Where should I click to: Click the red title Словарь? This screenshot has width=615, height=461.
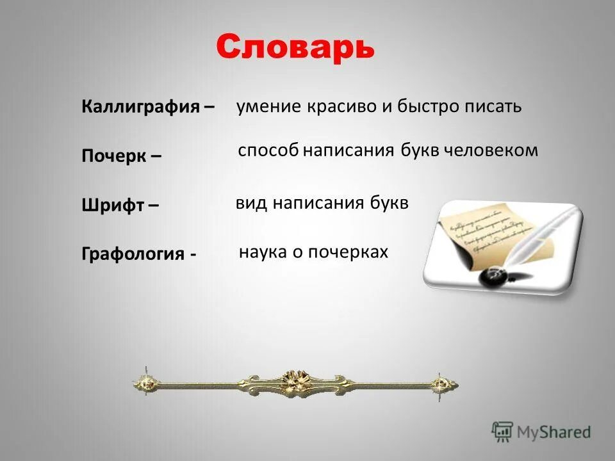(x=295, y=47)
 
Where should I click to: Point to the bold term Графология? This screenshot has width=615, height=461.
(x=133, y=254)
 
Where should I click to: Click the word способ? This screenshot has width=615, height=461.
(x=268, y=151)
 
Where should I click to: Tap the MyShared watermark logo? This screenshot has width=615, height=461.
(x=541, y=432)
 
